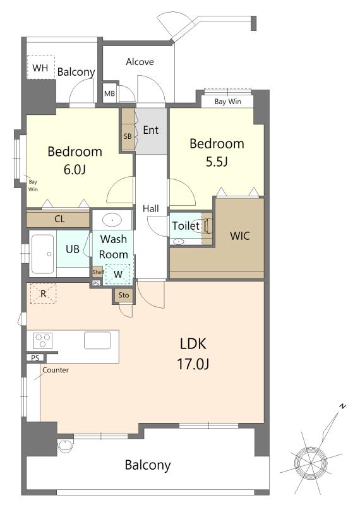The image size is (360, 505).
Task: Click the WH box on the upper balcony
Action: coord(40,67)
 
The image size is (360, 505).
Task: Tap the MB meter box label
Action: coord(109,93)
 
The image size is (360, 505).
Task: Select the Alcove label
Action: coord(140,61)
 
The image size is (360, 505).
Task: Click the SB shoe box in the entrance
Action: coord(128,129)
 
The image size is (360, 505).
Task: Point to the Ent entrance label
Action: coord(150,130)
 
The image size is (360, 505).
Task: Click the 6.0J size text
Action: coord(75,169)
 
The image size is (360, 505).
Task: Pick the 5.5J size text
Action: coord(217,162)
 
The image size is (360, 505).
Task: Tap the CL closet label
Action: coord(59,219)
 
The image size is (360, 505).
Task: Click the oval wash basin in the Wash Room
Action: coord(112,220)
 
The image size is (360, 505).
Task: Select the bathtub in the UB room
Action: coord(42,254)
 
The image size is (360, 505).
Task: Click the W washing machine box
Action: coord(118,274)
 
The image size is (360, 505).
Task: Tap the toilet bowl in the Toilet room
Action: coord(207,225)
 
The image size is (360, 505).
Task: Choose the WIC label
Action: coord(240,235)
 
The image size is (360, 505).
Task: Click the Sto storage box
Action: coord(123,295)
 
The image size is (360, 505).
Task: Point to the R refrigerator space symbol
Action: coord(43,294)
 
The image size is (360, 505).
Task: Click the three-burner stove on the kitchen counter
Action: coord(43,340)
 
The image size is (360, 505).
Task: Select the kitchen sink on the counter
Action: coord(97,340)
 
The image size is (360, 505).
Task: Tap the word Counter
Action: coord(56,370)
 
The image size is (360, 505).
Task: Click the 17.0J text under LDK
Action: coord(193,364)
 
